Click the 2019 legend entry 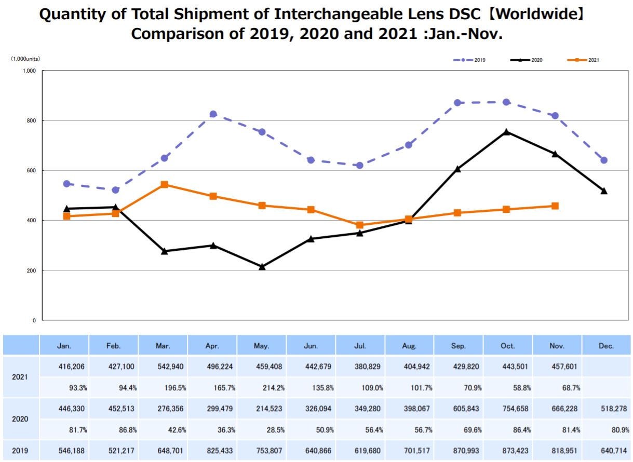(x=470, y=60)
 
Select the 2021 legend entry (x=584, y=60)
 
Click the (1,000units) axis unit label (x=25, y=59)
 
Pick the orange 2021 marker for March (x=164, y=184)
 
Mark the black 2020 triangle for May (x=262, y=267)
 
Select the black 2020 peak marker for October (x=506, y=132)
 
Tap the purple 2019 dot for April (x=213, y=114)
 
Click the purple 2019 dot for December (x=604, y=160)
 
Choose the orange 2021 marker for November (x=555, y=206)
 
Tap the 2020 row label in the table (x=20, y=419)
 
